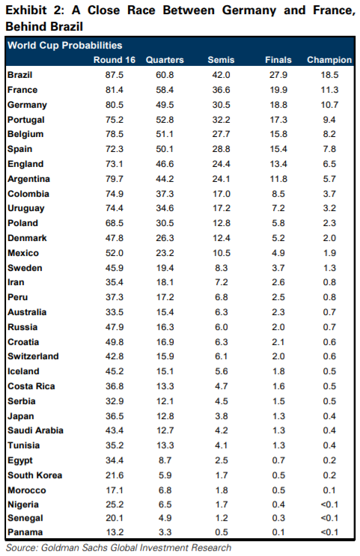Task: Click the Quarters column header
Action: click(x=165, y=60)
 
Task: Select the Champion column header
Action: click(x=329, y=60)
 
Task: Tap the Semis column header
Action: click(x=221, y=60)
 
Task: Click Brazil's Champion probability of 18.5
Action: click(x=329, y=75)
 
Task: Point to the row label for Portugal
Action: click(x=26, y=120)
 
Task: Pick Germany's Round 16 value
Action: click(x=115, y=105)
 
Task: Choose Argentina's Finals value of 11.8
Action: click(x=278, y=179)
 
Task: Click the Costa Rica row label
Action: click(x=31, y=386)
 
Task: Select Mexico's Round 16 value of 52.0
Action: click(x=115, y=253)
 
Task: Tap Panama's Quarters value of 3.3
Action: click(x=165, y=532)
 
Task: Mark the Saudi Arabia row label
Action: click(x=35, y=430)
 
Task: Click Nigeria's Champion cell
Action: click(x=329, y=504)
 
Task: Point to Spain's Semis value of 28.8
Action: click(x=221, y=149)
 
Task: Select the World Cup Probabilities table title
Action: click(x=65, y=46)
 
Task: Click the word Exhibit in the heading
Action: click(x=26, y=10)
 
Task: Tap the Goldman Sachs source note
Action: click(x=118, y=548)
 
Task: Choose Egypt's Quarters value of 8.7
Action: click(x=165, y=460)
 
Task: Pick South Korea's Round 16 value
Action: click(x=115, y=475)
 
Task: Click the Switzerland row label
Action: click(x=33, y=356)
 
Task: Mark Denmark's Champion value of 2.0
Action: click(x=329, y=238)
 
